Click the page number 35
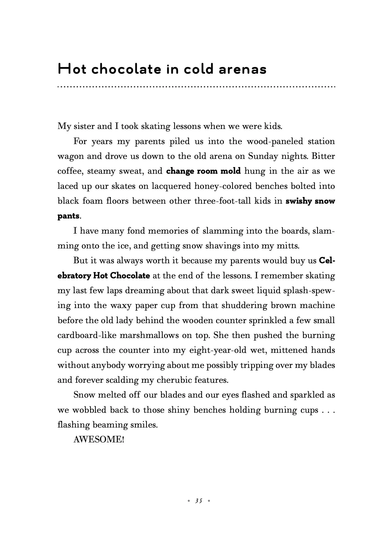(x=198, y=501)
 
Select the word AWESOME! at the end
(x=99, y=440)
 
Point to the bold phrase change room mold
(x=203, y=171)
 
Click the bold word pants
(x=68, y=216)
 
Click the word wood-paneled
(x=275, y=141)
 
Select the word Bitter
(x=323, y=156)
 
